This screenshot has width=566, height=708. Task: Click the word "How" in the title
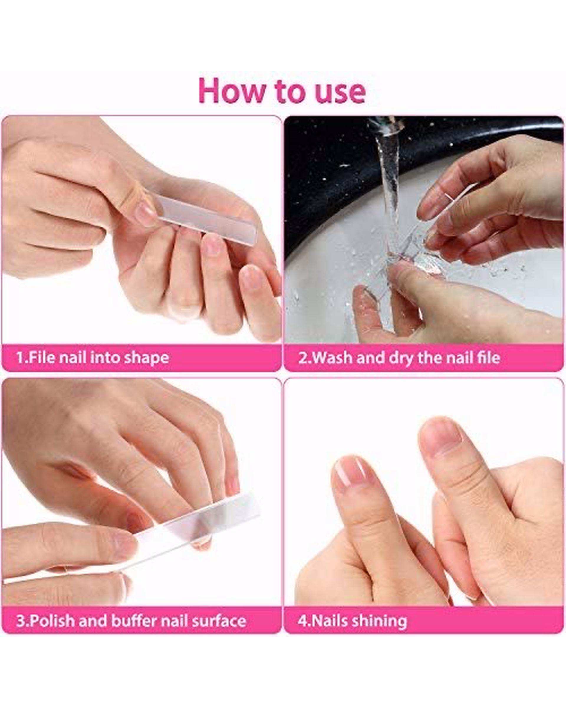(x=231, y=91)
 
